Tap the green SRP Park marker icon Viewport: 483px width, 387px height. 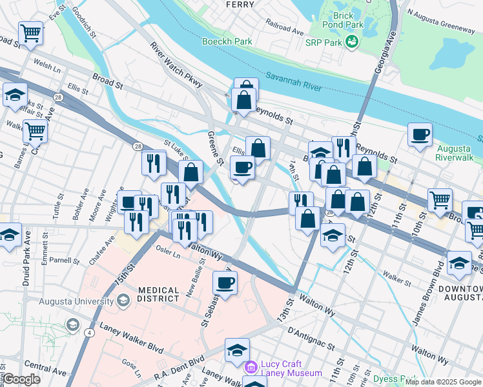[352, 43]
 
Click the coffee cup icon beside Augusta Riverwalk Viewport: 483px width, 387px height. [420, 135]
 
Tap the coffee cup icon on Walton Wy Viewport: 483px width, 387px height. [225, 282]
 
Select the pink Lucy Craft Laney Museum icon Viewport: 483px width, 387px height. [251, 367]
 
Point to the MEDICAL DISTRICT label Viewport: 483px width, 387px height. [158, 293]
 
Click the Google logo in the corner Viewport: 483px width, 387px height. [21, 379]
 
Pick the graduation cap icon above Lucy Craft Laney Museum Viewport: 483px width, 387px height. [237, 350]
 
